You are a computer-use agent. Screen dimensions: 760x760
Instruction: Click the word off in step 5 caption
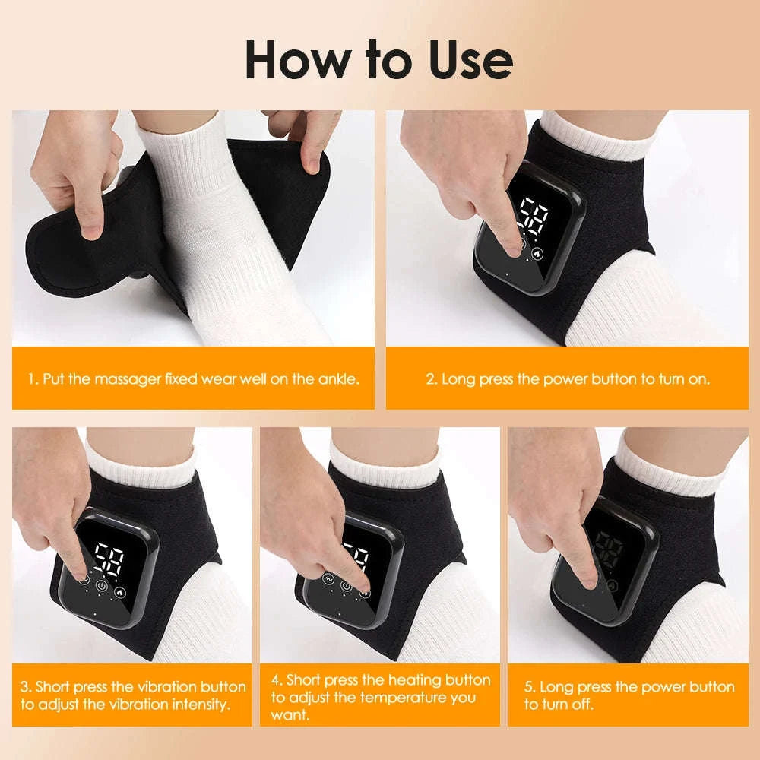click(x=581, y=705)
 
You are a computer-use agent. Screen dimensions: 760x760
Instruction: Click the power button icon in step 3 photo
click(x=102, y=586)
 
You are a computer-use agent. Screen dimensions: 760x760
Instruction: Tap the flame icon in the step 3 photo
click(x=120, y=590)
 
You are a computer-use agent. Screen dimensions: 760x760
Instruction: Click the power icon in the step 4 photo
click(x=347, y=585)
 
